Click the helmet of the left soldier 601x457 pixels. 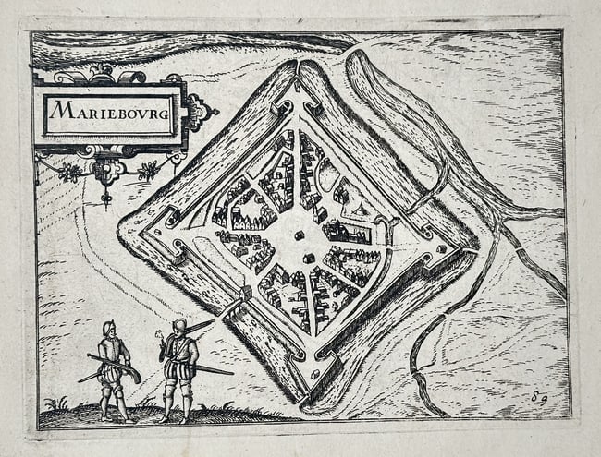pyautogui.click(x=109, y=328)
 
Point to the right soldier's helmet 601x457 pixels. pyautogui.click(x=179, y=325)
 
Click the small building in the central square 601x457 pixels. pyautogui.click(x=299, y=236)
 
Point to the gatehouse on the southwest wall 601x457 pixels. pyautogui.click(x=245, y=295)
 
